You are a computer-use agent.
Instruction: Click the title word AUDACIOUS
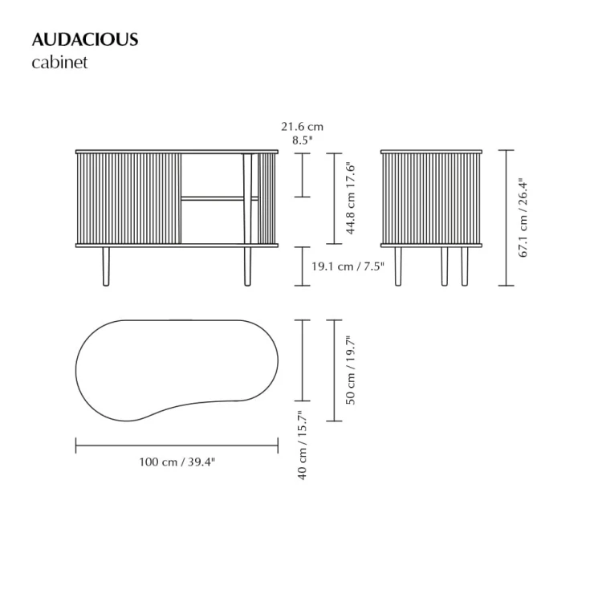click(85, 39)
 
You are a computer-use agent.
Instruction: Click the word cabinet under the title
click(59, 63)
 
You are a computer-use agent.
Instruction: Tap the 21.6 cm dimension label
click(302, 126)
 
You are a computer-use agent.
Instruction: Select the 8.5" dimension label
click(302, 140)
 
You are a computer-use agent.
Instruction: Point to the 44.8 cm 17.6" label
click(351, 199)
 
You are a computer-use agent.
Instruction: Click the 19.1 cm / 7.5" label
click(348, 266)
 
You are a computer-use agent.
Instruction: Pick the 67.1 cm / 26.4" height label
click(523, 218)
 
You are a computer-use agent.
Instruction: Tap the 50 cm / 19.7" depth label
click(351, 371)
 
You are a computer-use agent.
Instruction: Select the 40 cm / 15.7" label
click(302, 445)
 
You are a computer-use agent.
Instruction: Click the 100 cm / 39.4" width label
click(177, 462)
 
